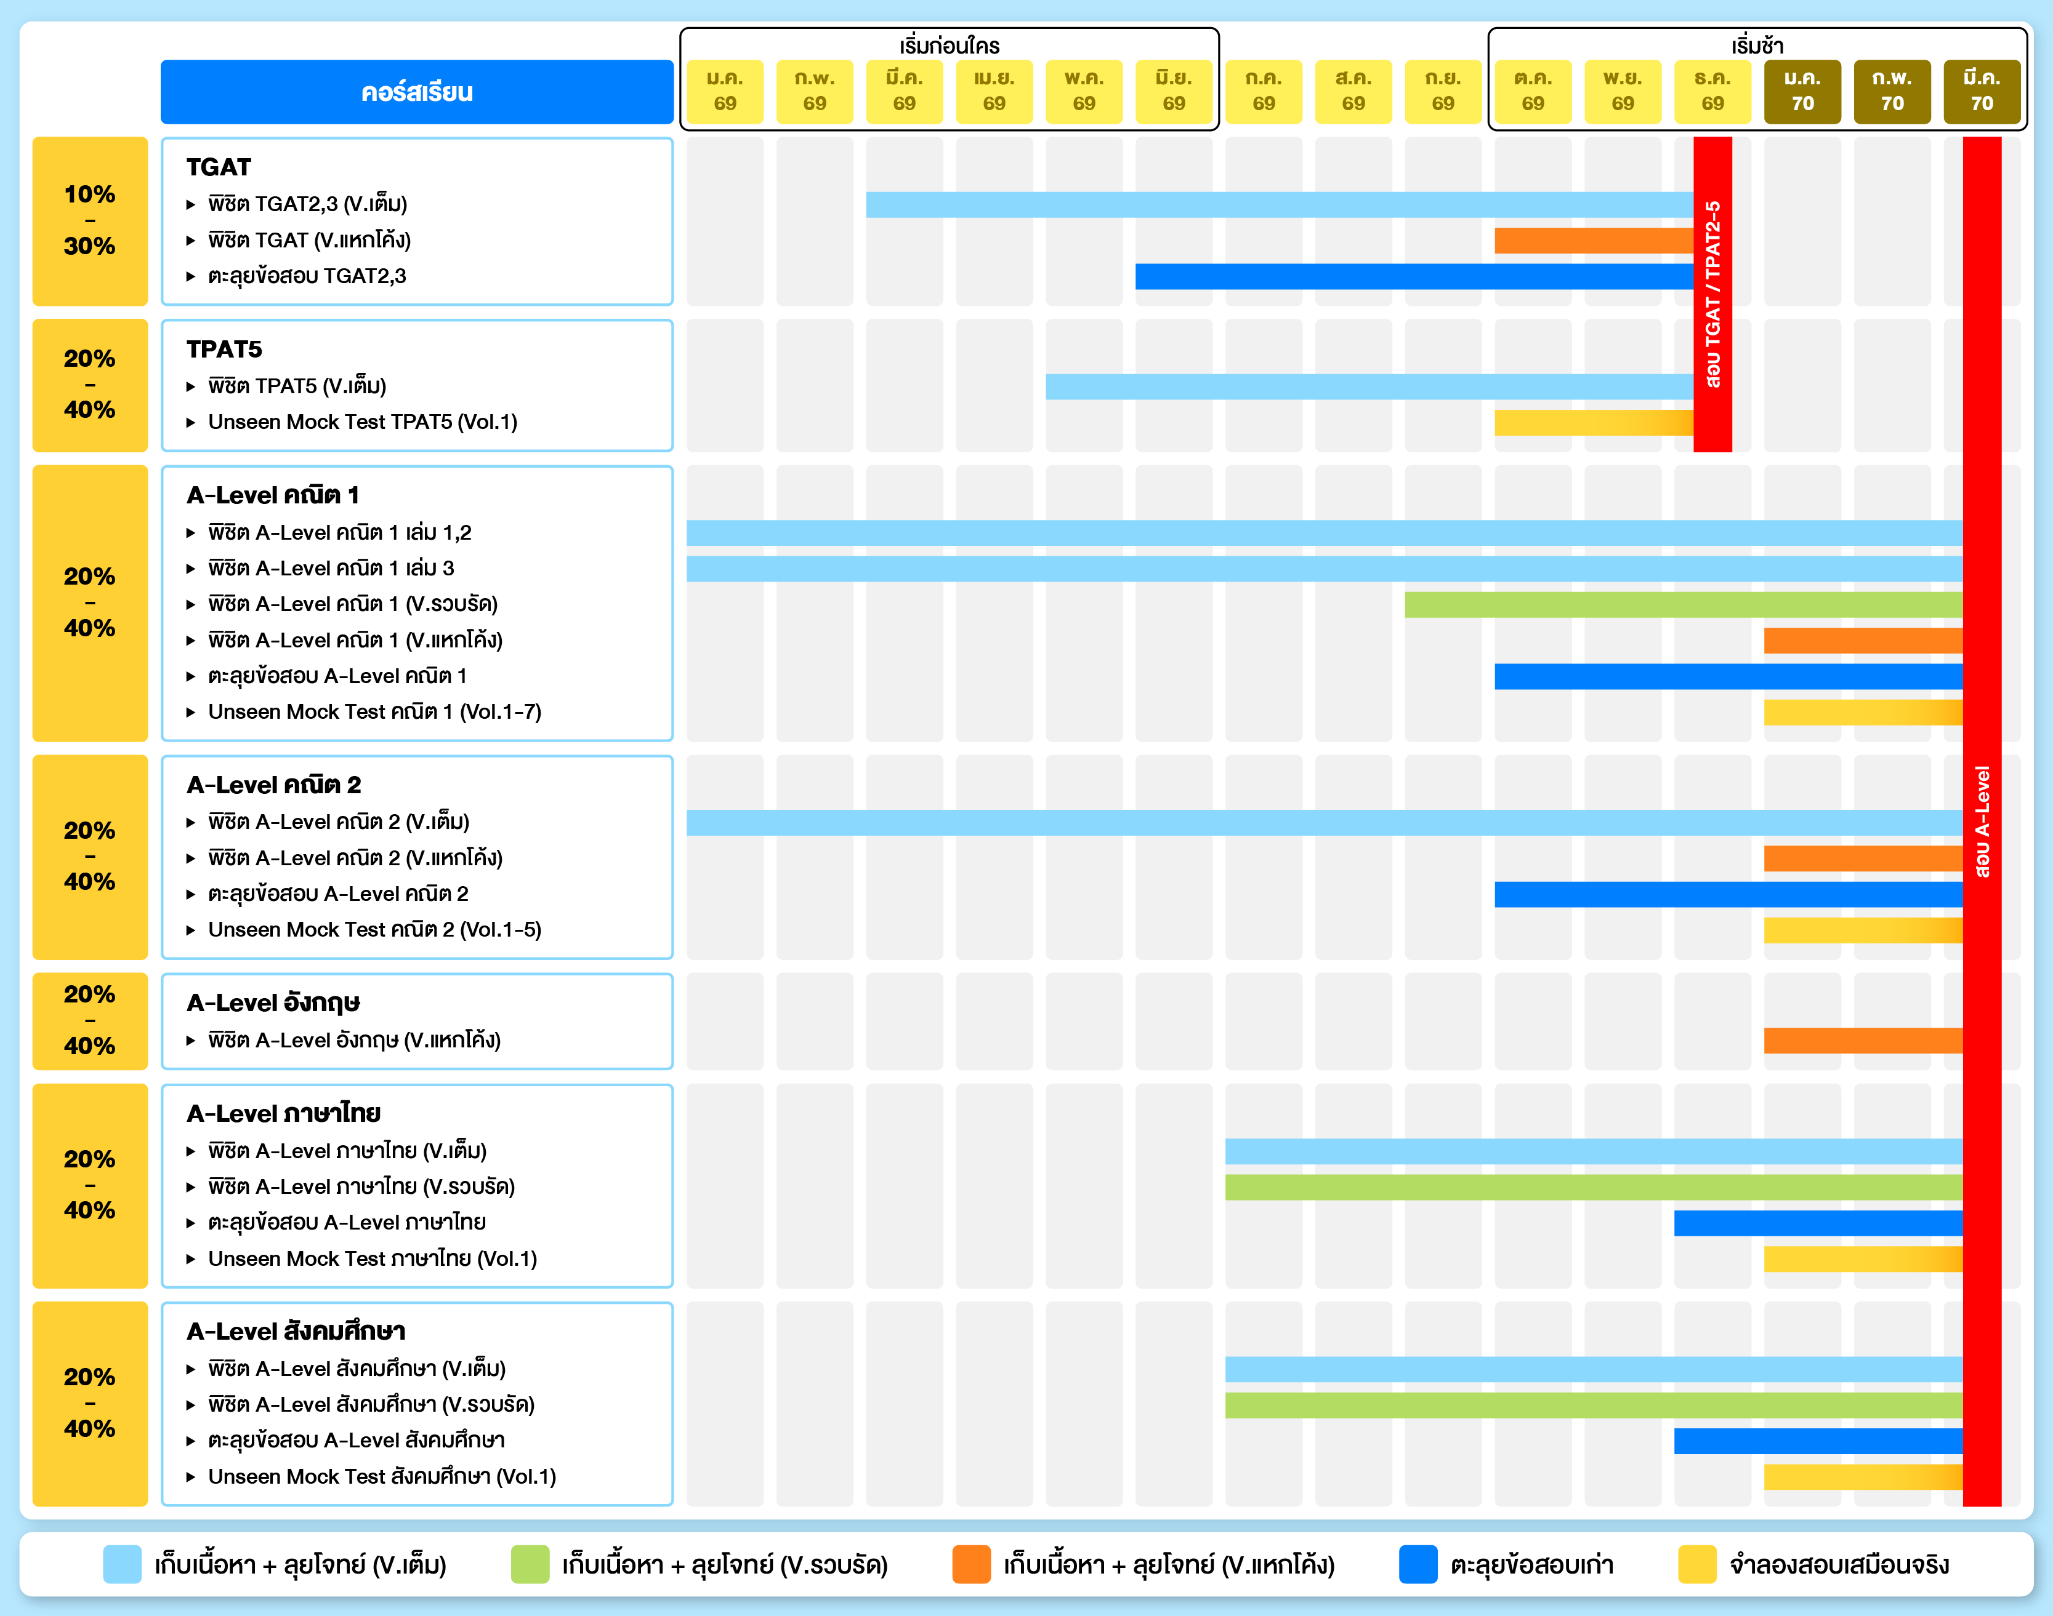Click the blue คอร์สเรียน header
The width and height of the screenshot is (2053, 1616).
(416, 92)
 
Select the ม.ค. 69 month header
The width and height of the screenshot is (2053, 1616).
(724, 92)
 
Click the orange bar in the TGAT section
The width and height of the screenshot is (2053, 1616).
(1593, 241)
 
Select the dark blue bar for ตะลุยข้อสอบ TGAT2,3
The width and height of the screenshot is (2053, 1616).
(1413, 276)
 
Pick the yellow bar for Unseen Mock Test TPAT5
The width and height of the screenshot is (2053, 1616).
(1593, 422)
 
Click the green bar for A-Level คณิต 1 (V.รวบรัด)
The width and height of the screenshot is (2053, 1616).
(1683, 604)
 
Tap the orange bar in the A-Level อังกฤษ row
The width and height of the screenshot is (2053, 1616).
(1862, 1041)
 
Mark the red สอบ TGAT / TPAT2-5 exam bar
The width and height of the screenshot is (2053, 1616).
(1712, 294)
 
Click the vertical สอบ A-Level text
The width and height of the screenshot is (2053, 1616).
(1982, 822)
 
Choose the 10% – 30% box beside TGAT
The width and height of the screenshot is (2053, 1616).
(90, 220)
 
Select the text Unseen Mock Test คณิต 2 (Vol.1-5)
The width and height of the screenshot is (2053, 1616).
(375, 930)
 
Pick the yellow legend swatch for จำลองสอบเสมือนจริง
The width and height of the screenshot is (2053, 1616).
(1696, 1564)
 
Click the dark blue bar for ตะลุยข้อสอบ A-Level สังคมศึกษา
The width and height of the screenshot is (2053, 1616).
(1817, 1441)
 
